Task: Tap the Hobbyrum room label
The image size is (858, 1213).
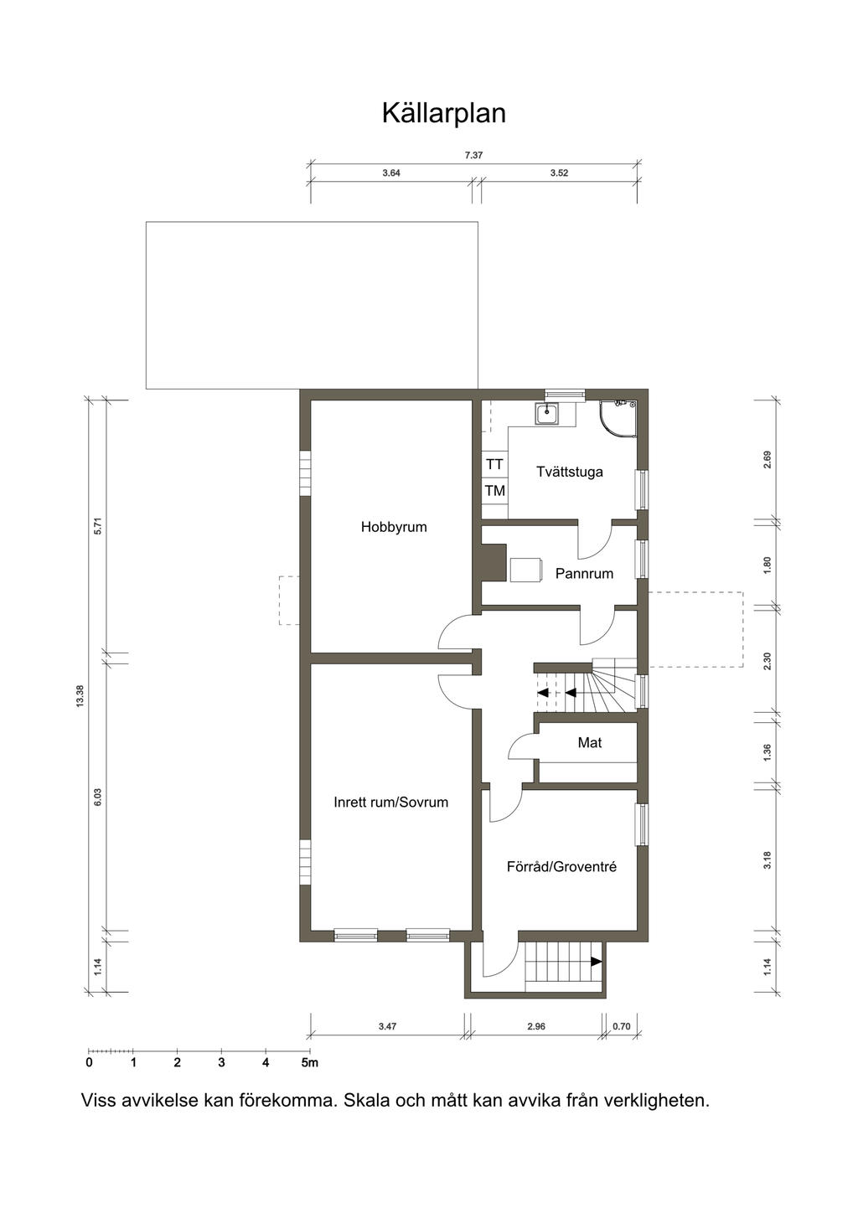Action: click(x=394, y=527)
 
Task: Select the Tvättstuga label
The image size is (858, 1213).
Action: click(x=570, y=472)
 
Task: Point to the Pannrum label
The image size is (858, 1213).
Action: click(x=584, y=574)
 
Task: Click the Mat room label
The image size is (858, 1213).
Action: click(x=590, y=742)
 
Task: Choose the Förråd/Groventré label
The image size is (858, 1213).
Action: click(x=561, y=867)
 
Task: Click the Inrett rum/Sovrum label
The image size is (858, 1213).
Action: click(x=391, y=802)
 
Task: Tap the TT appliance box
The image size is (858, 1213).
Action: click(x=494, y=464)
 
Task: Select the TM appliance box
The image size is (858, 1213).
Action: click(x=494, y=491)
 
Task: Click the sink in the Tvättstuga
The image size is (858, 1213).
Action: click(x=547, y=415)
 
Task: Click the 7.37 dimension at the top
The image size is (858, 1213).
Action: click(x=473, y=156)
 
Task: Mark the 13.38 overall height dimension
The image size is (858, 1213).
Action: click(x=80, y=696)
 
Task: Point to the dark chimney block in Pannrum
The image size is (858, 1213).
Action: click(x=491, y=563)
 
